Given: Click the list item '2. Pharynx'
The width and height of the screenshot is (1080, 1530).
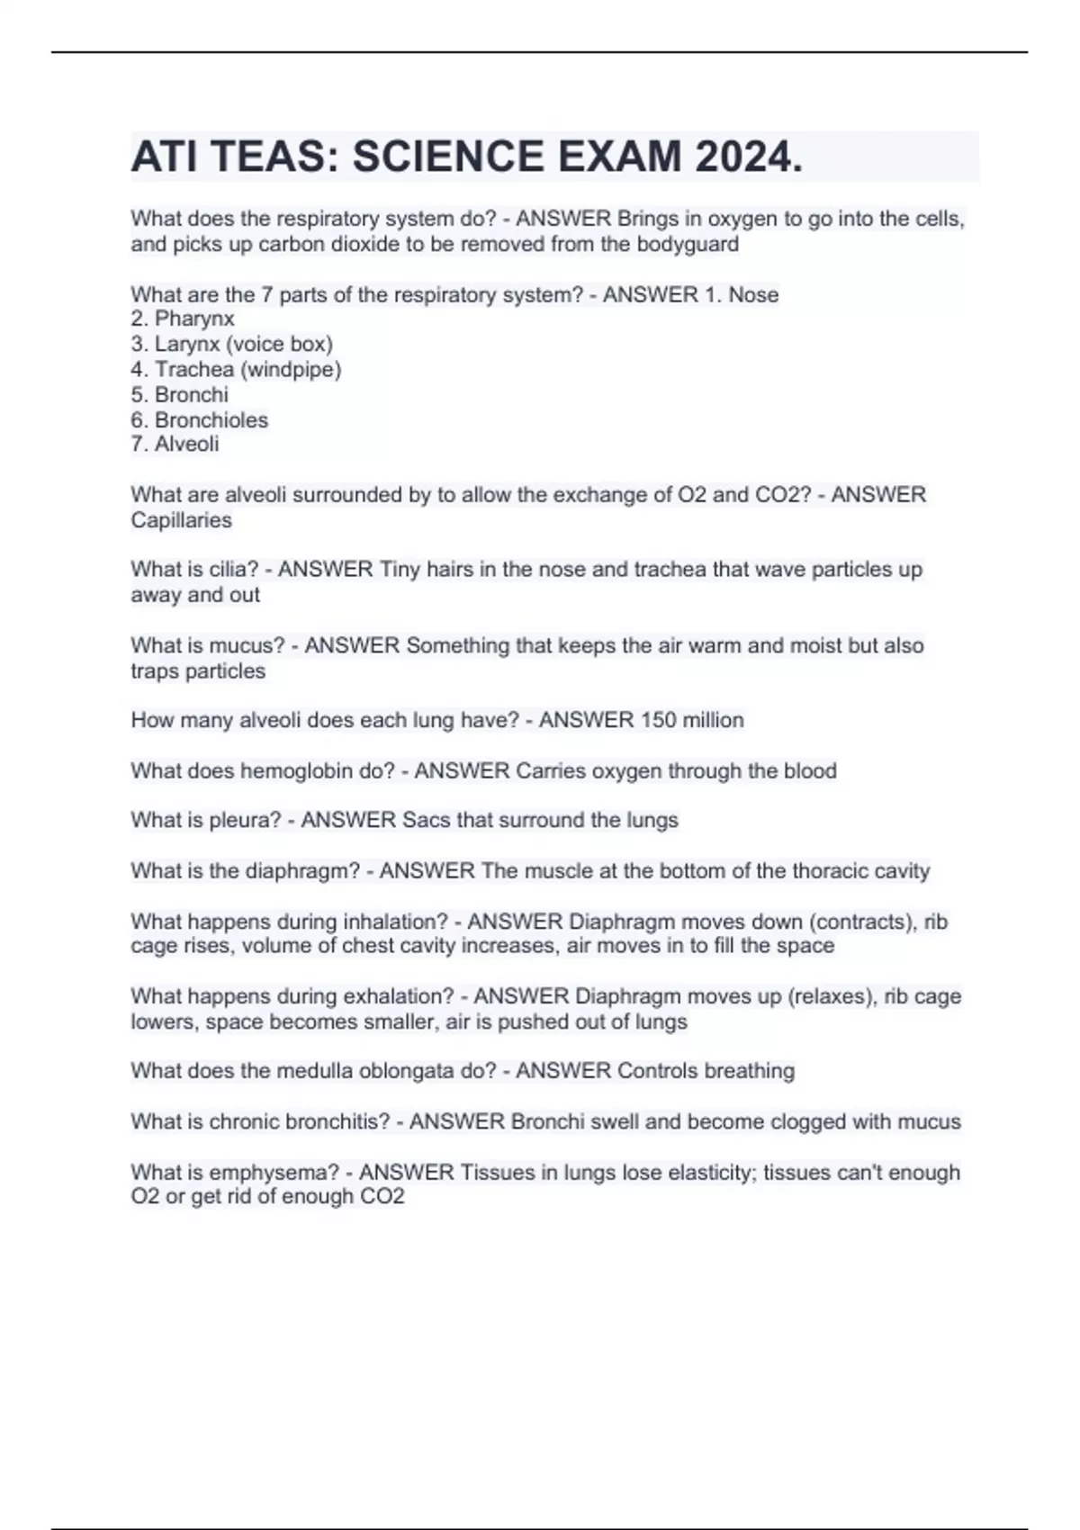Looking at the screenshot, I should pos(183,319).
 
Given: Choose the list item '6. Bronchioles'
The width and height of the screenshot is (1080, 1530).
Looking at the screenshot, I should pos(200,419).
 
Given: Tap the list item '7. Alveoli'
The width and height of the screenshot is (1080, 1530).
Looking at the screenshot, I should pos(175,444).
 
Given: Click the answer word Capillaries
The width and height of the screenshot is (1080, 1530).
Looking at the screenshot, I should pos(181,520).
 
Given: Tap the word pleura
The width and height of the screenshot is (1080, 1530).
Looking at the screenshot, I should pos(245,820).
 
